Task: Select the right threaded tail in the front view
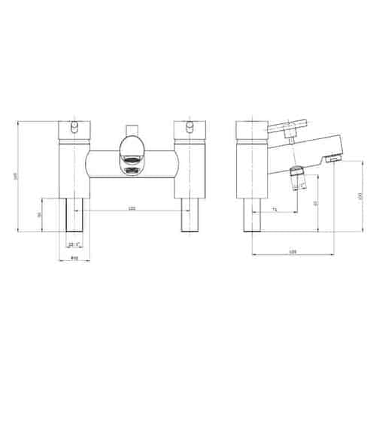[x=189, y=215]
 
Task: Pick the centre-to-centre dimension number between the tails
[x=132, y=209]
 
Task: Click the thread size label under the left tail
[x=74, y=245]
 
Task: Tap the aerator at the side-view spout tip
[x=332, y=160]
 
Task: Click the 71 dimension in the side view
[x=275, y=209]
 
